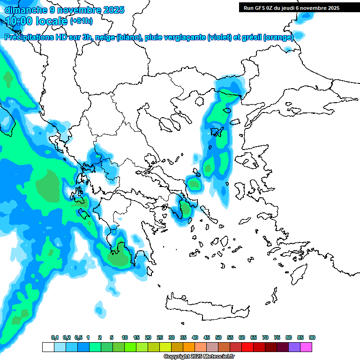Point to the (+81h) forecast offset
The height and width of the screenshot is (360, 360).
coord(81,21)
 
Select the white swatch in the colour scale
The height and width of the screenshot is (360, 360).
coord(48,347)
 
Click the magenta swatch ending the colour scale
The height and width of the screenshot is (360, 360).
coord(307,347)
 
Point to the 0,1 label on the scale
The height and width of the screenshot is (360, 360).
coord(54,337)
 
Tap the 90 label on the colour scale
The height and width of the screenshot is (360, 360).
coord(312,337)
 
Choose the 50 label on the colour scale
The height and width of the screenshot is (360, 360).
coord(218,337)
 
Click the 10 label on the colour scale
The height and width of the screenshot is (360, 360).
coord(125,337)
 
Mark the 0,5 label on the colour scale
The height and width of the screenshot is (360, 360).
coord(79,337)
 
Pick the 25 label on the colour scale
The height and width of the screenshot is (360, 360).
coord(160,337)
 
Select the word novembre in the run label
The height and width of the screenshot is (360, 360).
coord(311,7)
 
